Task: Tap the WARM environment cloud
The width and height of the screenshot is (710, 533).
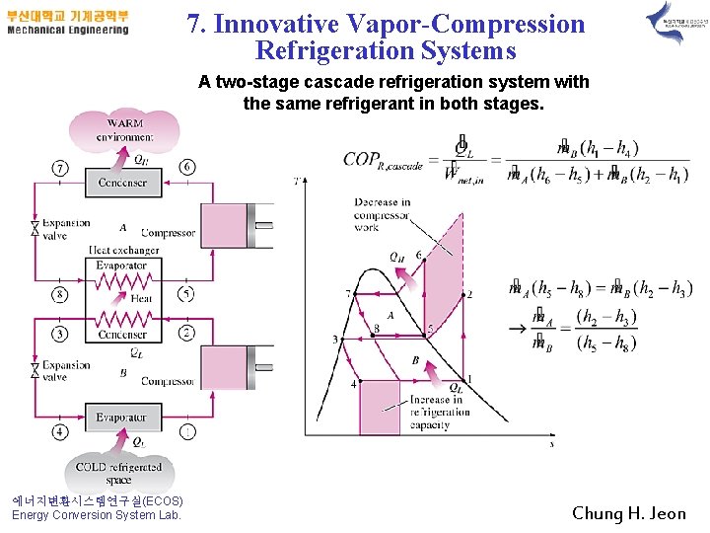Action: (123, 129)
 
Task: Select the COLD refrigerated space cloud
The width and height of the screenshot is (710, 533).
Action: (118, 472)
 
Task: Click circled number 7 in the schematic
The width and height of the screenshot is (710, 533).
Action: (61, 168)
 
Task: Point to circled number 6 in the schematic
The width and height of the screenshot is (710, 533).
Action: (186, 168)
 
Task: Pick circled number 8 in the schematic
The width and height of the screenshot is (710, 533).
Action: (61, 294)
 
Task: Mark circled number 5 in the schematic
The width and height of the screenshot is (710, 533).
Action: (186, 294)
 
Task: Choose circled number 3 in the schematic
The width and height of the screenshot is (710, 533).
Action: (61, 334)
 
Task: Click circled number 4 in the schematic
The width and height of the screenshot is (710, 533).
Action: (61, 430)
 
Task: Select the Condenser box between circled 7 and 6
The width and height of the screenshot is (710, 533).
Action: (122, 183)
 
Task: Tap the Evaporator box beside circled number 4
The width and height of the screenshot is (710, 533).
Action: (122, 418)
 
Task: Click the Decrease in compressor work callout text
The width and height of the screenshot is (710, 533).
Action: (382, 214)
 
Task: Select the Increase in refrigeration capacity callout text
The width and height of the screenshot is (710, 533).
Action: (436, 413)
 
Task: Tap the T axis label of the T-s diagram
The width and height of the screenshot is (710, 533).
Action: (297, 181)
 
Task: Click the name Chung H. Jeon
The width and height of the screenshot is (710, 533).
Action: (628, 513)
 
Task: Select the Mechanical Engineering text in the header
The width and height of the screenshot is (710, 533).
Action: (67, 30)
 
